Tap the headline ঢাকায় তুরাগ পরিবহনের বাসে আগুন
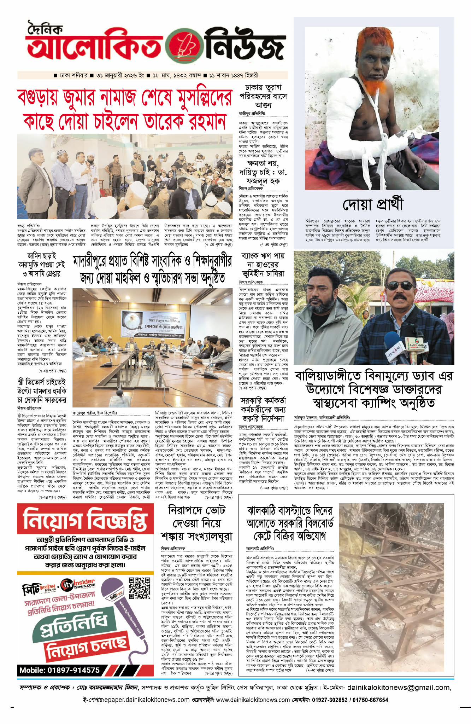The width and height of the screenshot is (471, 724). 263,96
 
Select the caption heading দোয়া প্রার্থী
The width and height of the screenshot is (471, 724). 373,205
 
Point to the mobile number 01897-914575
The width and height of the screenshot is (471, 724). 59,670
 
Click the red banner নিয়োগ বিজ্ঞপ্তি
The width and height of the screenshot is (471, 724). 85,519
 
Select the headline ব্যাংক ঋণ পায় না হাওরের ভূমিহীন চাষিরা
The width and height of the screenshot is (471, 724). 263,265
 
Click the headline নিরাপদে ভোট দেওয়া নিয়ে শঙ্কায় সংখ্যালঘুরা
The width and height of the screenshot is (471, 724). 196,523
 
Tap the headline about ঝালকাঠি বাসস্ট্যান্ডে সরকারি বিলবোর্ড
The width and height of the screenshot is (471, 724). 289,523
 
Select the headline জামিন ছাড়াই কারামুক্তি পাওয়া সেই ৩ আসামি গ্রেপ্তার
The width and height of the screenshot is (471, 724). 42,265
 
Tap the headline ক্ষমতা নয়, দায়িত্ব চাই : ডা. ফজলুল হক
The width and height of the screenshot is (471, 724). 263,173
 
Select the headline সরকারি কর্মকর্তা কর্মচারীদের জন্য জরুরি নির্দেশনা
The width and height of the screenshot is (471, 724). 263,410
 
